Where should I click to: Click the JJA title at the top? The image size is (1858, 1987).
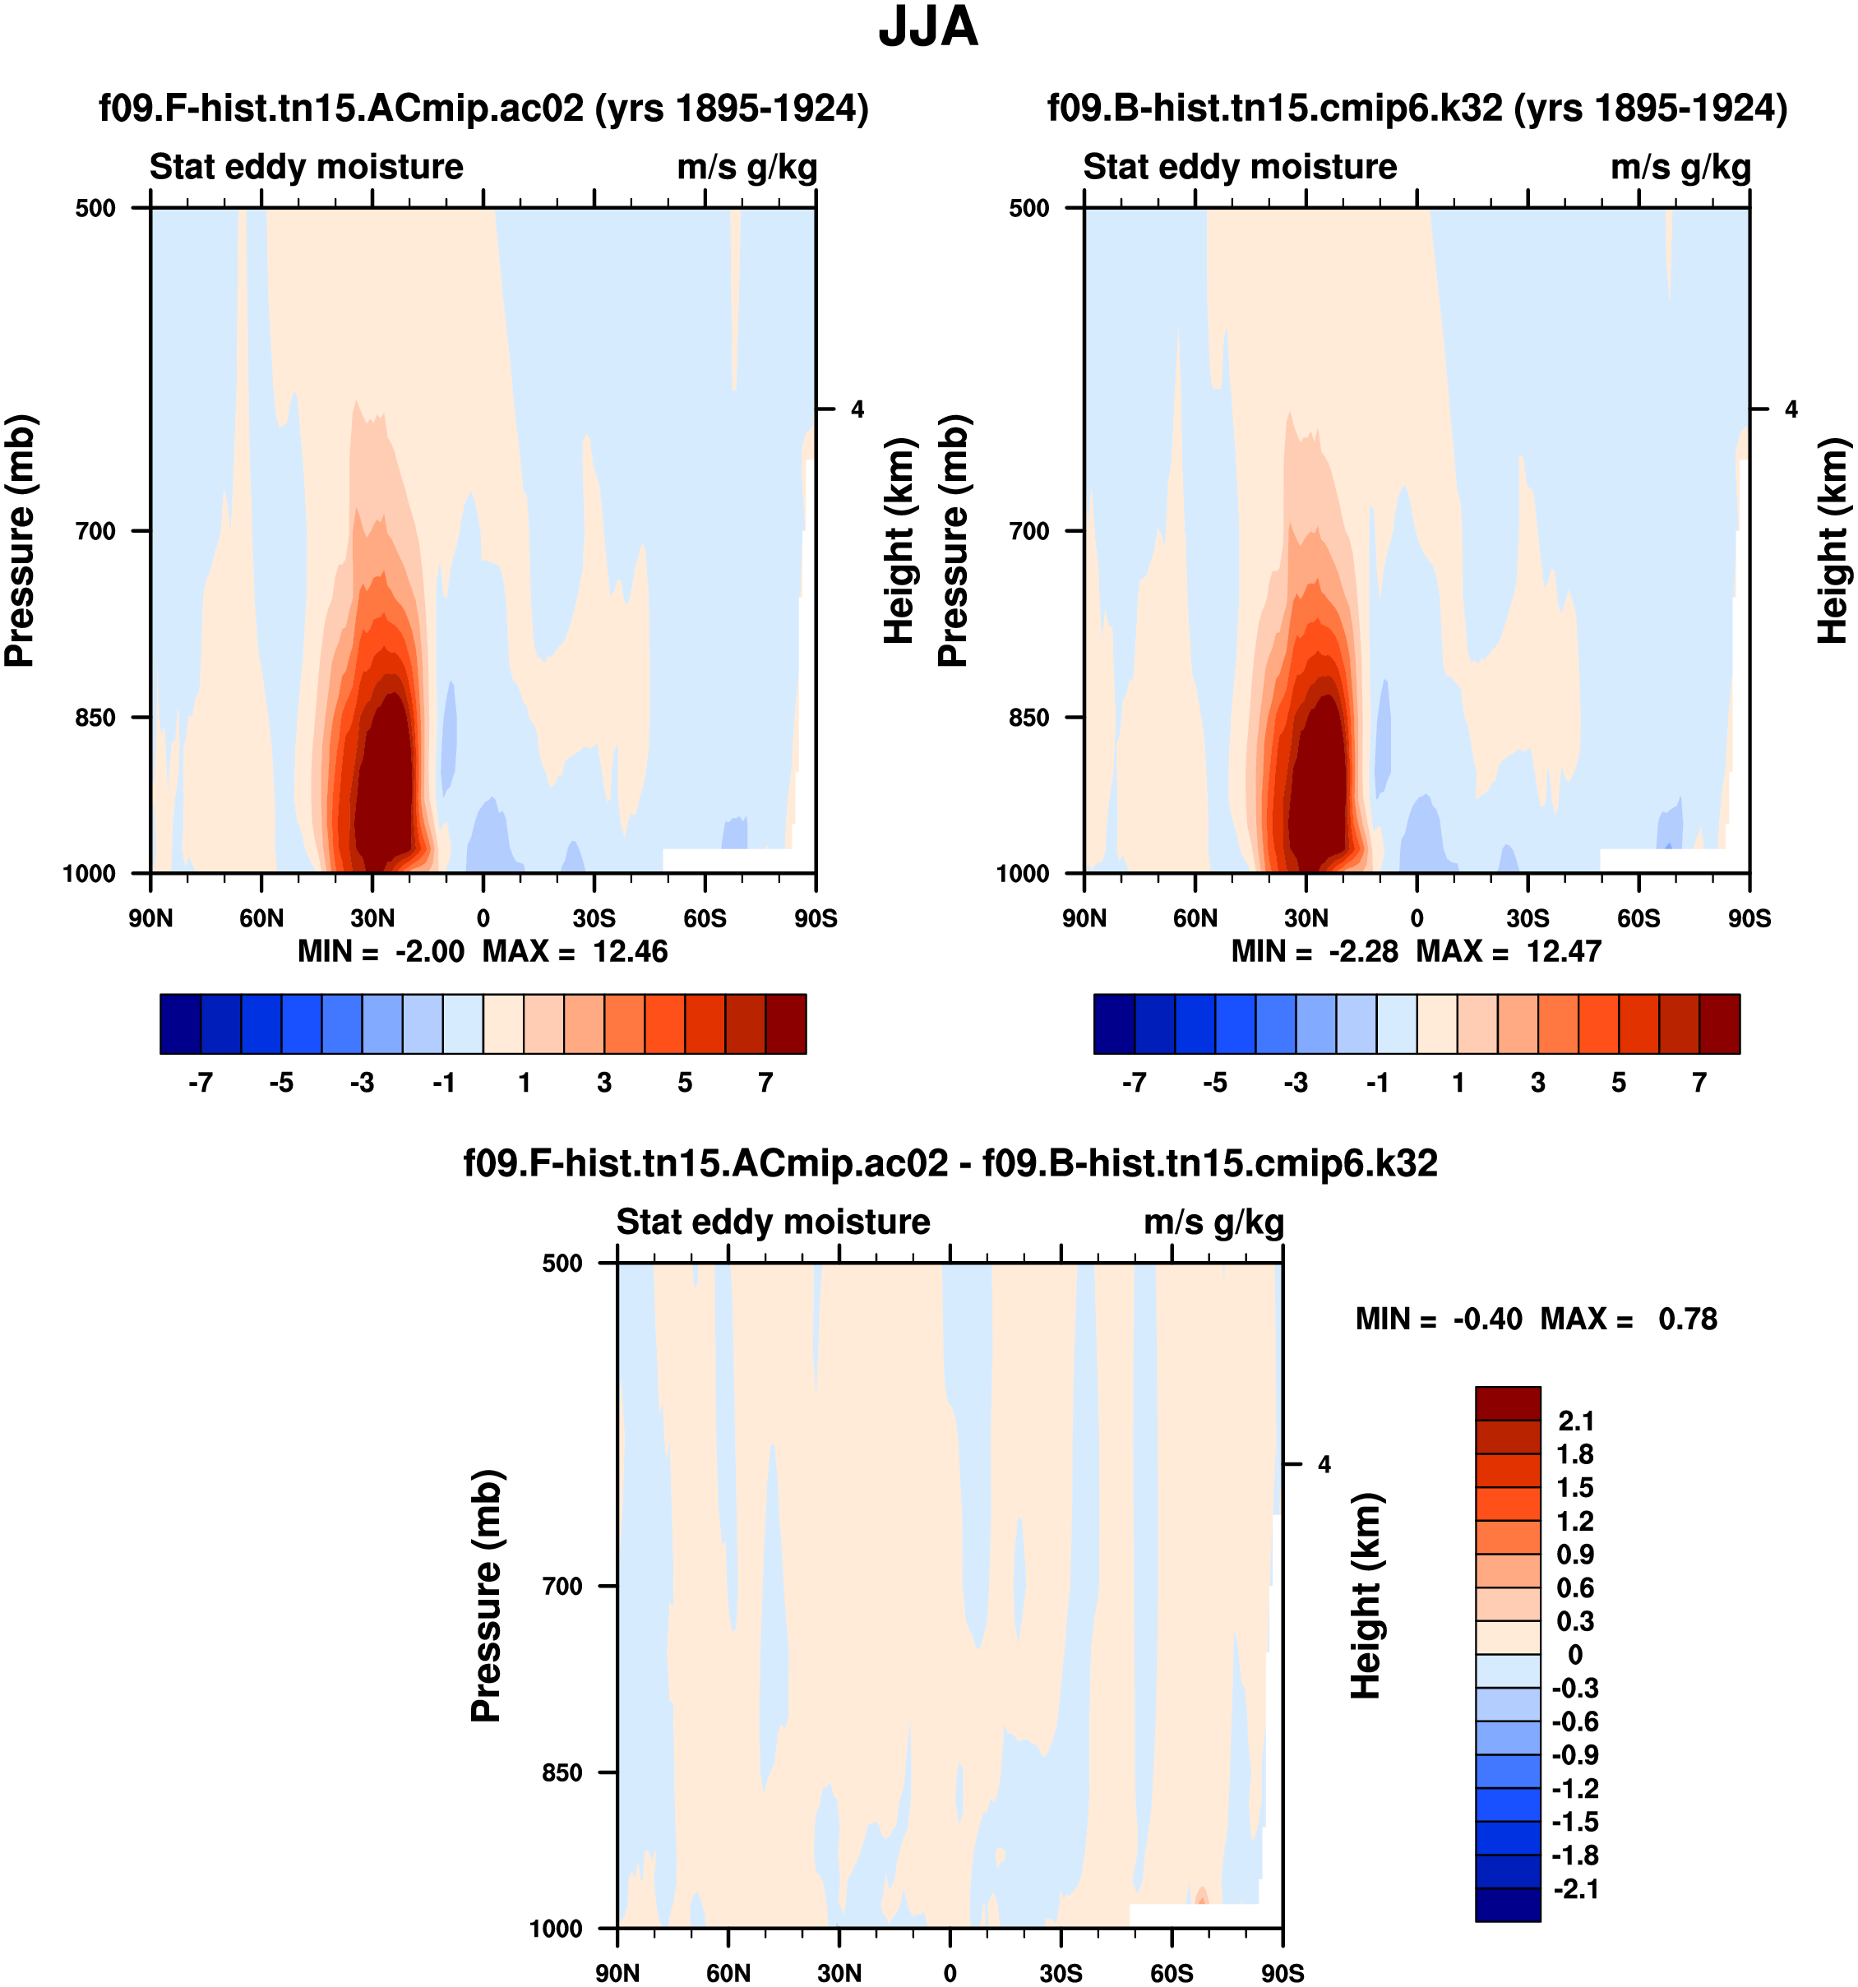(x=927, y=28)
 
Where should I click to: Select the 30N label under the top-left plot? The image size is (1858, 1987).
(x=372, y=918)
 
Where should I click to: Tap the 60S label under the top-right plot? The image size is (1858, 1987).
(x=1638, y=918)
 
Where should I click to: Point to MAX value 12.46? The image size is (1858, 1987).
(x=630, y=951)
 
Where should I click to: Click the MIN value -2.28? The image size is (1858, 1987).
(x=1363, y=951)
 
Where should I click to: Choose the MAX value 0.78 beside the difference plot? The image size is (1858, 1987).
(x=1687, y=1319)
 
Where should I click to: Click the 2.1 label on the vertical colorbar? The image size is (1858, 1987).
(x=1576, y=1421)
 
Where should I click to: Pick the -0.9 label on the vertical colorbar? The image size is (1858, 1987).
(x=1575, y=1755)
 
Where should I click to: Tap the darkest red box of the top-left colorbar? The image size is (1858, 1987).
(x=786, y=1024)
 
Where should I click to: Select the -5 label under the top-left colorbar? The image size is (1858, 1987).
(x=281, y=1084)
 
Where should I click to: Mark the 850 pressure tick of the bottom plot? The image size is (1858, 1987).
(x=562, y=1772)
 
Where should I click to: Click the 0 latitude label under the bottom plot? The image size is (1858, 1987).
(x=950, y=1973)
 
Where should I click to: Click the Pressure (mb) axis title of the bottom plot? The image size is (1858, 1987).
(x=486, y=1595)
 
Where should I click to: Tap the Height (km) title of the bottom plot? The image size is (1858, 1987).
(x=1366, y=1595)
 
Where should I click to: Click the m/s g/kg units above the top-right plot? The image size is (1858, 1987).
(x=1680, y=167)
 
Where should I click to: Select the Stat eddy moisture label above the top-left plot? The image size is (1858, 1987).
(x=306, y=167)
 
